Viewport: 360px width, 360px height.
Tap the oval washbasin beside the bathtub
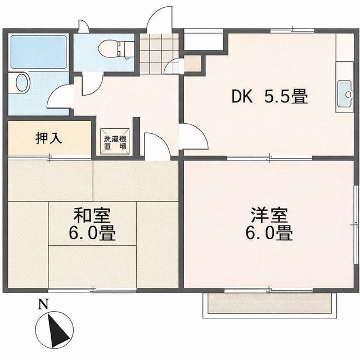[22, 83]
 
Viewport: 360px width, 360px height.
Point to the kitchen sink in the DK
[344, 89]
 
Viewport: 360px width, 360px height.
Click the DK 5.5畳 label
[270, 97]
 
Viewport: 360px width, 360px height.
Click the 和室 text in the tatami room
[93, 215]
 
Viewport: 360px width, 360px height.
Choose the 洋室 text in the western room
[269, 215]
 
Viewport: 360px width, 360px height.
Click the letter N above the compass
[42, 305]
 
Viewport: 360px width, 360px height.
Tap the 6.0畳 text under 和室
[93, 233]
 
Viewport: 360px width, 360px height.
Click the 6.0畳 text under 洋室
[269, 233]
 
